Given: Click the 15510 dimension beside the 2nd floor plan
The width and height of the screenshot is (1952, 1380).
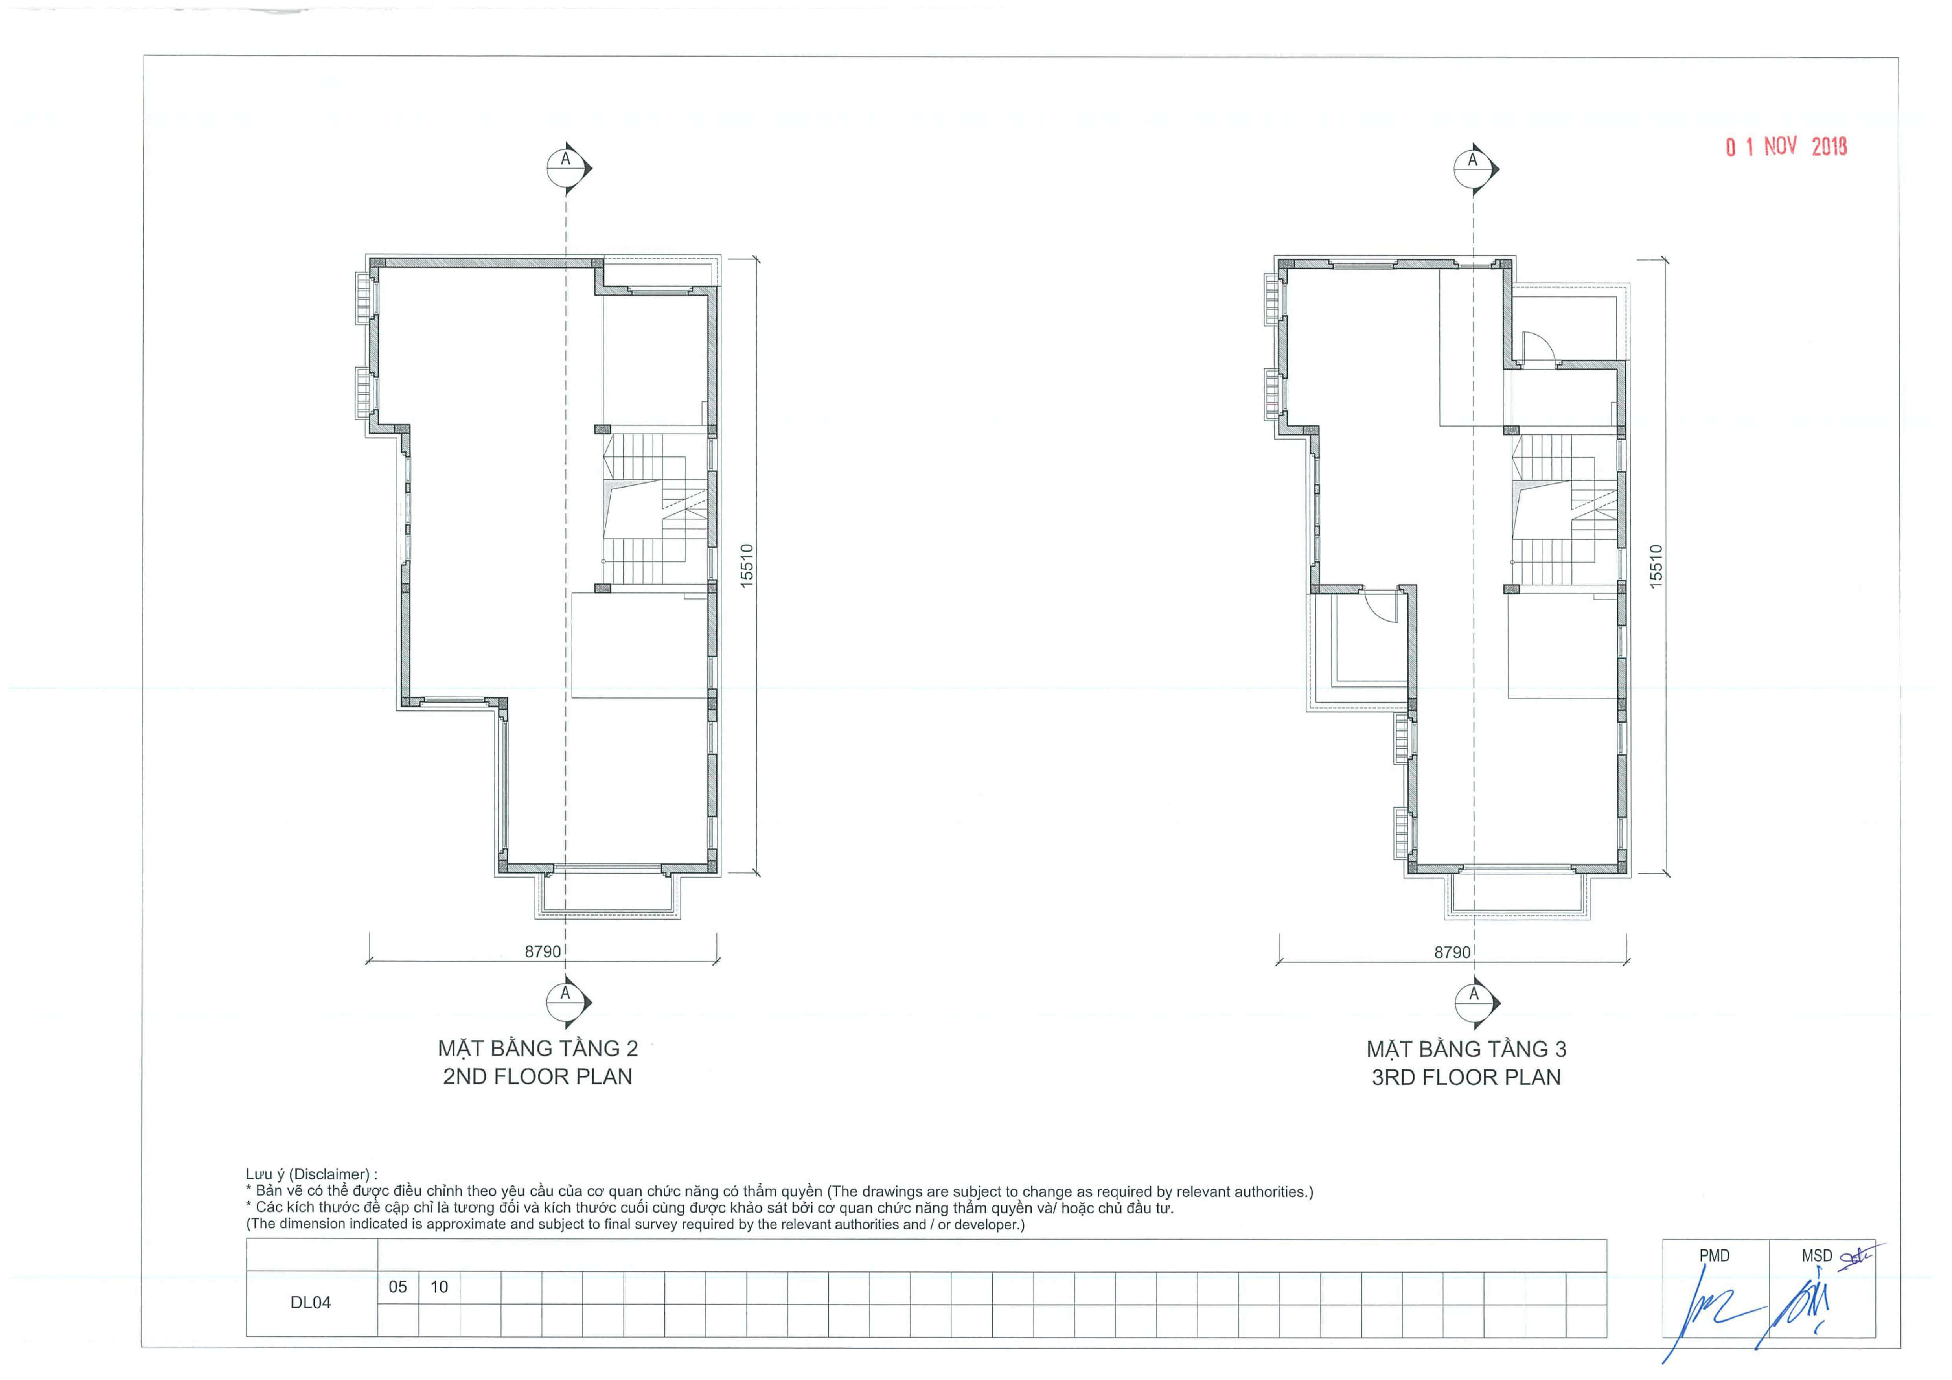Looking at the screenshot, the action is [747, 565].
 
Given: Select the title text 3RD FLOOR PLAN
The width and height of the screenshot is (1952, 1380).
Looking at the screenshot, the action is [1466, 1077].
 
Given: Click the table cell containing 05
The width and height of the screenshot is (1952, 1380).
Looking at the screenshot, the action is [398, 1287].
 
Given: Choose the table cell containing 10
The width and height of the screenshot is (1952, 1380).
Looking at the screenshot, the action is [440, 1287].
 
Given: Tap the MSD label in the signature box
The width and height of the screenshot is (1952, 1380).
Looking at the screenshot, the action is [1817, 1256].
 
